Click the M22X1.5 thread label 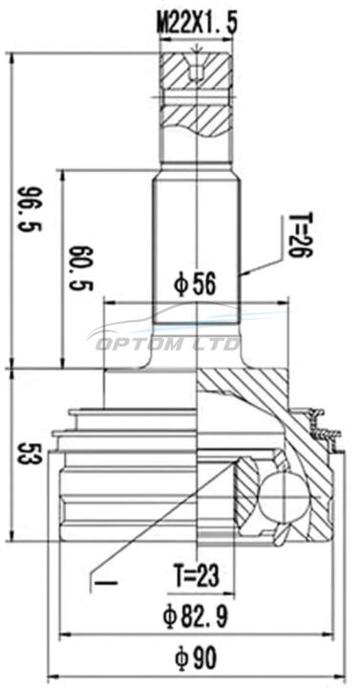coord(197,24)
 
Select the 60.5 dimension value coord(81,268)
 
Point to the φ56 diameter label coord(195,286)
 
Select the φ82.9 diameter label coord(196,616)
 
